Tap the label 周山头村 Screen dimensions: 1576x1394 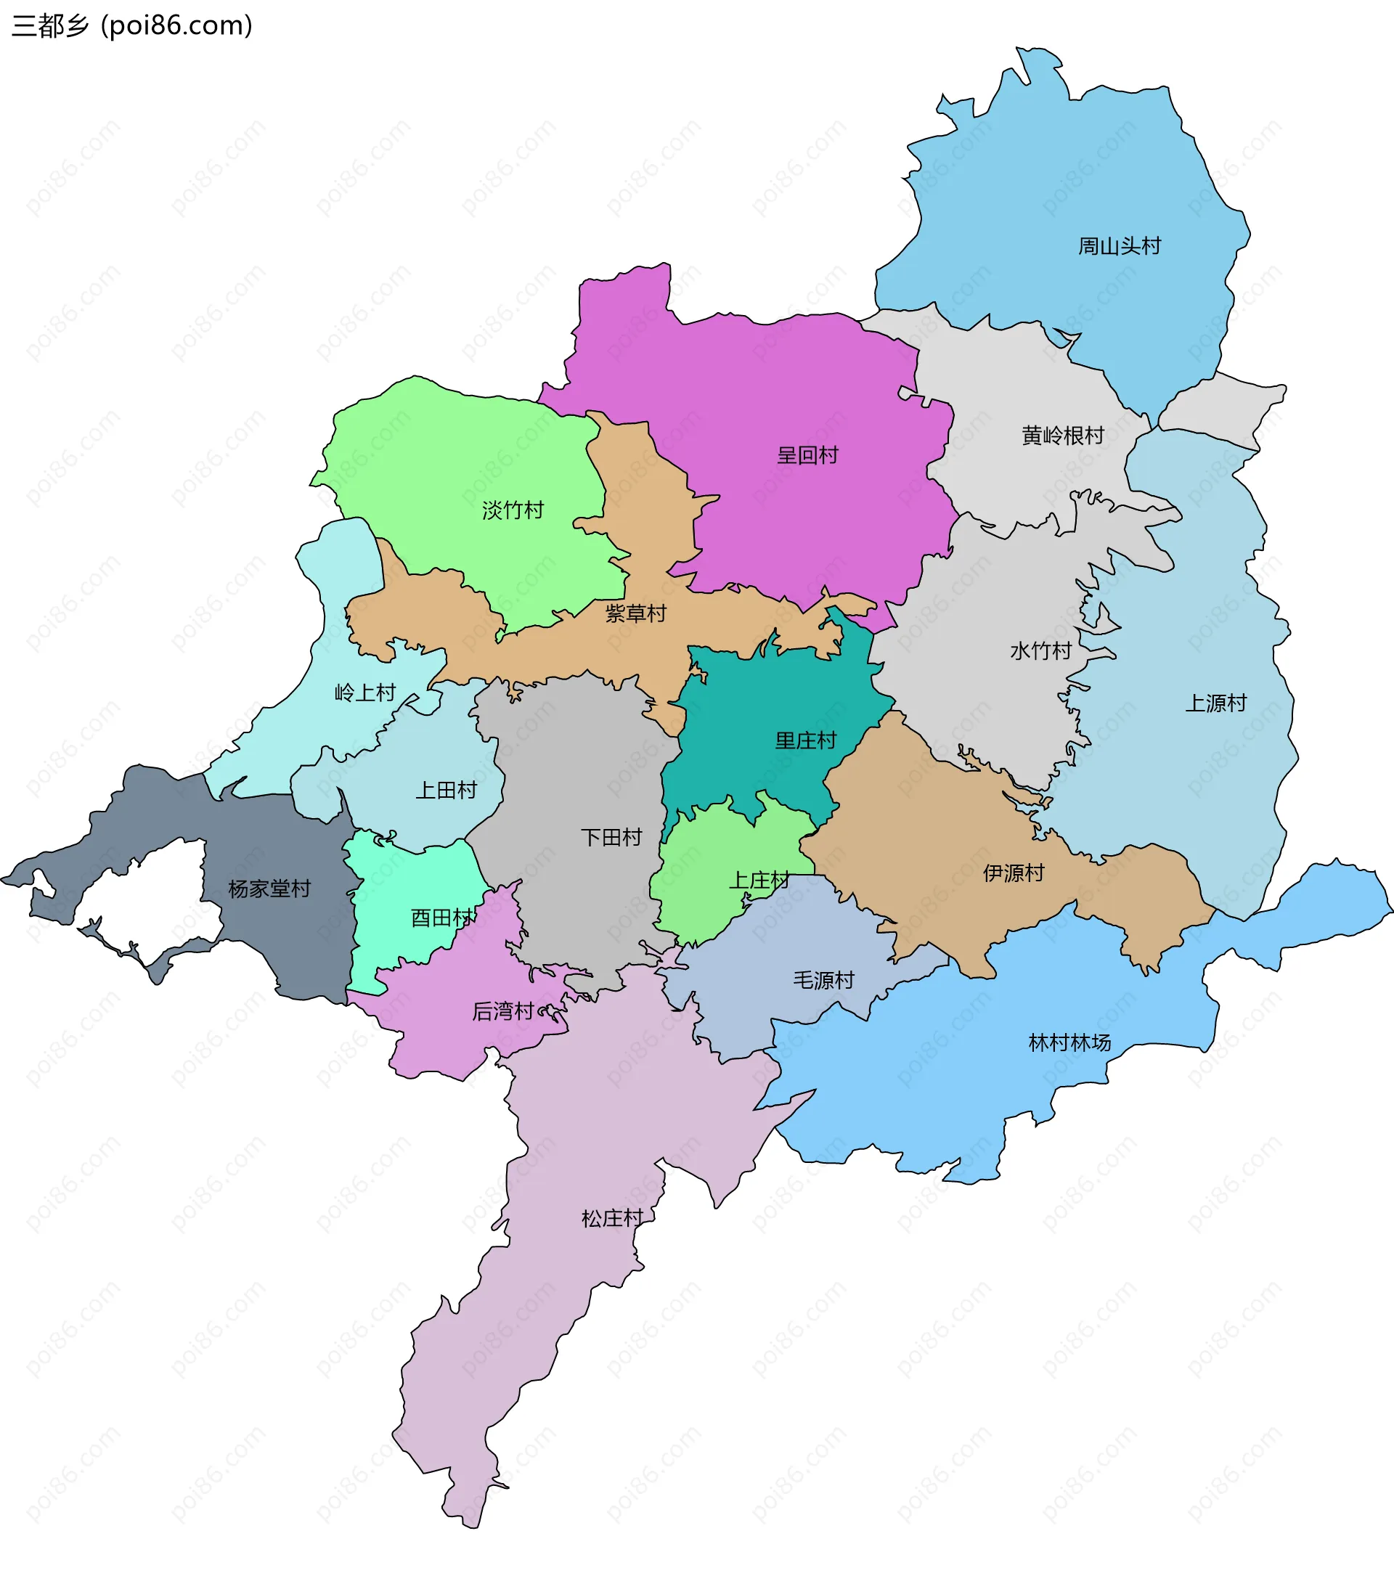(x=1119, y=247)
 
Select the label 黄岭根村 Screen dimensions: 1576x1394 (x=1062, y=436)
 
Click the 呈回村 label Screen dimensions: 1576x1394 (x=807, y=456)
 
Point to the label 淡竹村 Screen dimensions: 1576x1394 (x=513, y=510)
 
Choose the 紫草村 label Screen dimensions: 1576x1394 (x=635, y=613)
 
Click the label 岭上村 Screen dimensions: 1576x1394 (x=364, y=693)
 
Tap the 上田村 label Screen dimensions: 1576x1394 (x=447, y=791)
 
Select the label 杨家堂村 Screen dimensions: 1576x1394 (x=269, y=889)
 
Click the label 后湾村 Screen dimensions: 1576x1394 (x=502, y=1012)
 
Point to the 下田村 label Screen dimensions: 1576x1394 (x=611, y=837)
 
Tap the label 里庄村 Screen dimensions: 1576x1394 (x=806, y=741)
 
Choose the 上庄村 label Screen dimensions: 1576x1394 (x=759, y=881)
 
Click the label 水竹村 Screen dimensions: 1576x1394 (x=1041, y=652)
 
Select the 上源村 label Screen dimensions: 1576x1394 (x=1216, y=703)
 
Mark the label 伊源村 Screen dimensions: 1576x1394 (x=1013, y=873)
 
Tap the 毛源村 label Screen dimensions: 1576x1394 (x=823, y=981)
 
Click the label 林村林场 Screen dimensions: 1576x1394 (x=1069, y=1043)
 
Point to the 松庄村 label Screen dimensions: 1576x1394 (x=612, y=1219)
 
